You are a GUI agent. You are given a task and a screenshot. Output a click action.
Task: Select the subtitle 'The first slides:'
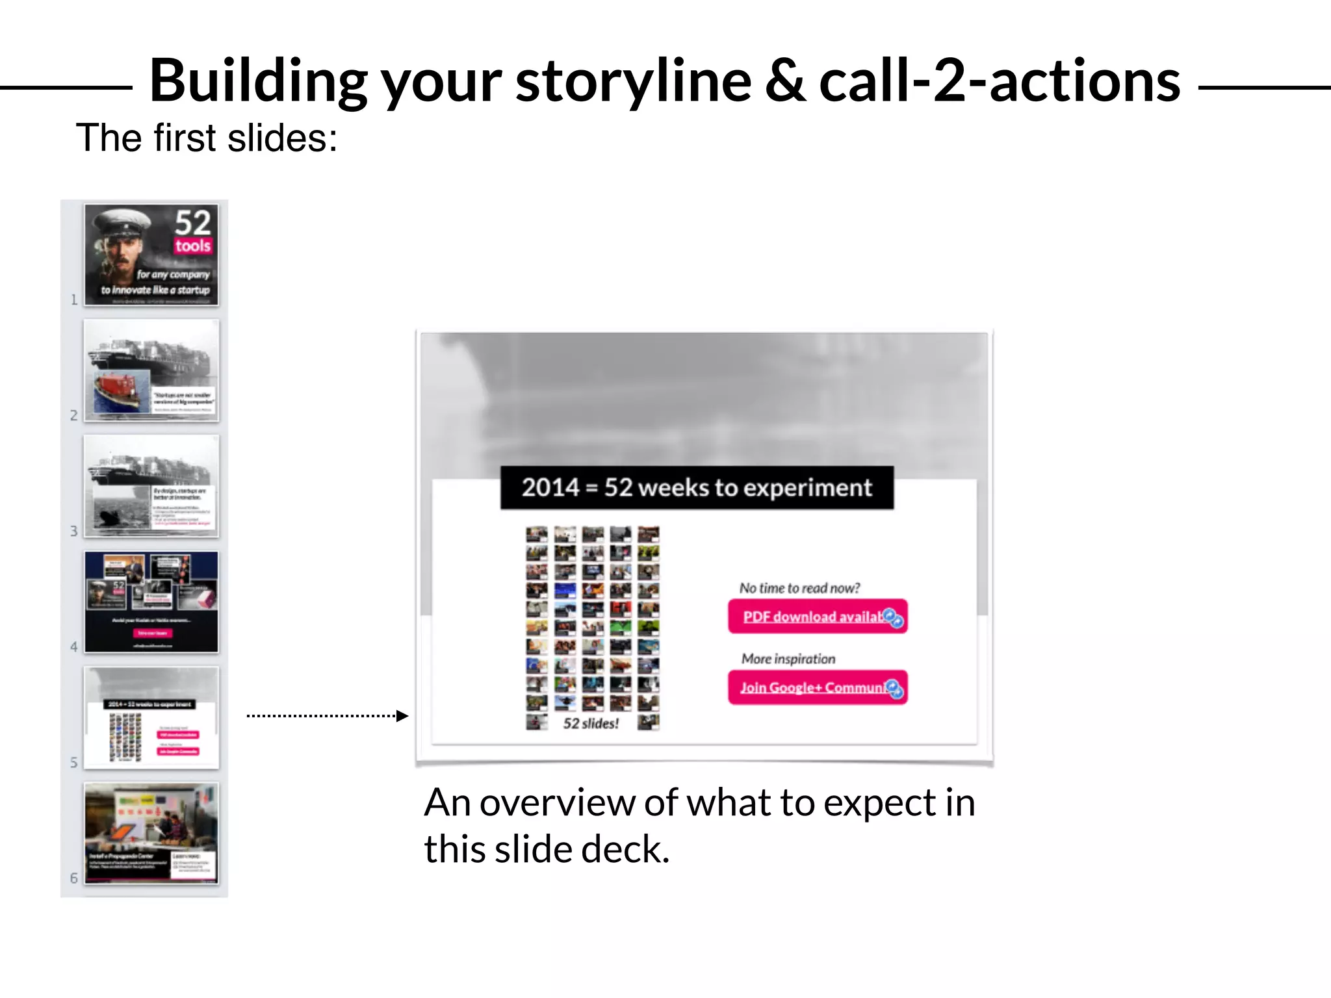[207, 138]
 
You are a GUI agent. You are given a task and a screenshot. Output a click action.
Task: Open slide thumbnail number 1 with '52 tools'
[151, 255]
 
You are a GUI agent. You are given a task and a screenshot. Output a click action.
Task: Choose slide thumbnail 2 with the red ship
[151, 370]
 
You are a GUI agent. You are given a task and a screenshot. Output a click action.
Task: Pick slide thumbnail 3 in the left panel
[151, 486]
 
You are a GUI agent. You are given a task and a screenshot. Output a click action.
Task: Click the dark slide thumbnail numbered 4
[151, 602]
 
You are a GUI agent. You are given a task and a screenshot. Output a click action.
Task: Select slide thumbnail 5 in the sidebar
[151, 717]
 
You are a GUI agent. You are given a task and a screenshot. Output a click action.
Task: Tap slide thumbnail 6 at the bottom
[151, 833]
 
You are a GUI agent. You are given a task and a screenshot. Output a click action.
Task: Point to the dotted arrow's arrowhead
[402, 716]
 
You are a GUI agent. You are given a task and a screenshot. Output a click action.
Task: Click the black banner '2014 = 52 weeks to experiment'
[696, 487]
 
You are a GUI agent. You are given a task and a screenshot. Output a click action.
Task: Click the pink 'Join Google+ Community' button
[817, 687]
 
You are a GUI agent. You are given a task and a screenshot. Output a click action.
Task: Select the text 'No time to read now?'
[799, 588]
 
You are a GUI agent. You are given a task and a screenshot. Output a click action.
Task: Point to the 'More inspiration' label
[788, 659]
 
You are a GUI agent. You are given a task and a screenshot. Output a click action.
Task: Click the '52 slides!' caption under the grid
[591, 723]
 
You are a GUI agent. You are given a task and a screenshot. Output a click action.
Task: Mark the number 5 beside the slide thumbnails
[74, 762]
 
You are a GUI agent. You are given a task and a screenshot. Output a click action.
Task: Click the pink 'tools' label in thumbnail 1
[192, 246]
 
